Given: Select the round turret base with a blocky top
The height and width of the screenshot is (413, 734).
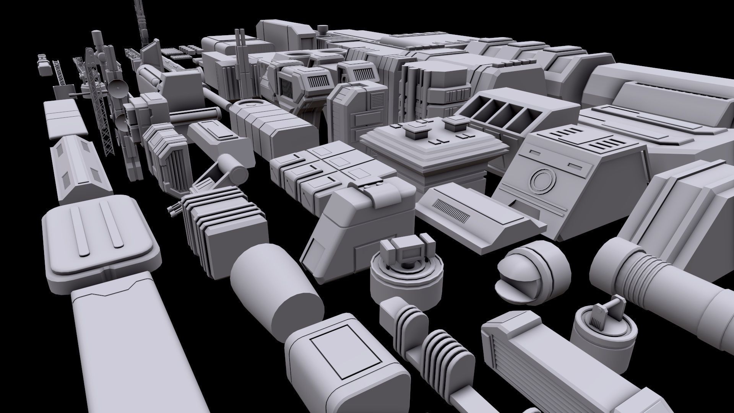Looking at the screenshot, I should click(x=405, y=268).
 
